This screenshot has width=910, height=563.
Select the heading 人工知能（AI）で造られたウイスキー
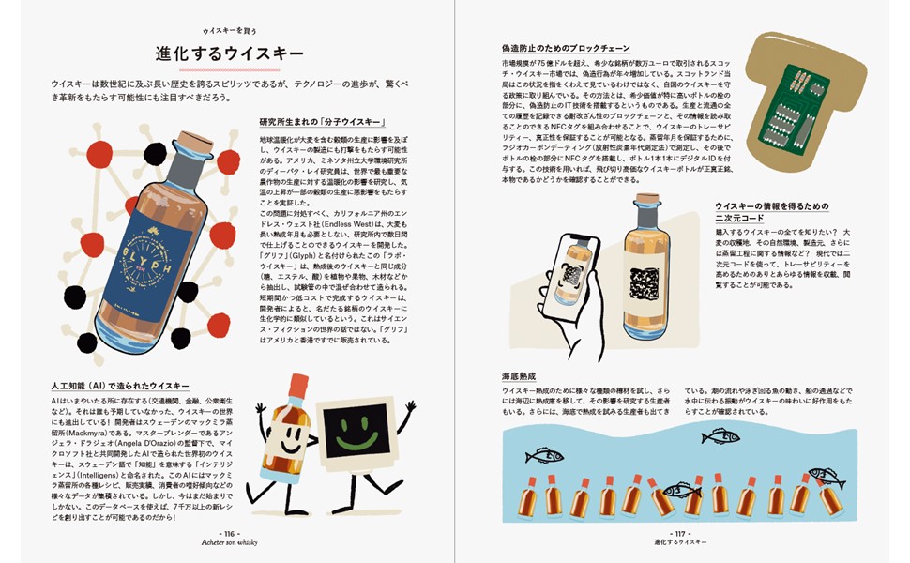[x=120, y=386]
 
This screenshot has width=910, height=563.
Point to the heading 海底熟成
[x=518, y=375]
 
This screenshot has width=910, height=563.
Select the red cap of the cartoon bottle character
[x=297, y=385]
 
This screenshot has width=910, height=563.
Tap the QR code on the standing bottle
[x=646, y=283]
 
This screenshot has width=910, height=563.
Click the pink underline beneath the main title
[x=219, y=69]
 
